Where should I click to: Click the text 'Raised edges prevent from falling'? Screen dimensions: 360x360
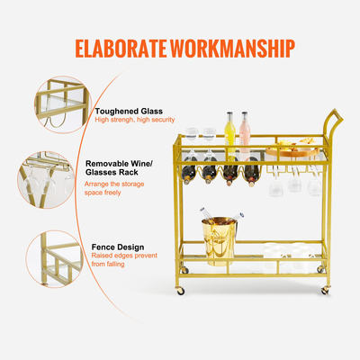128,261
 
